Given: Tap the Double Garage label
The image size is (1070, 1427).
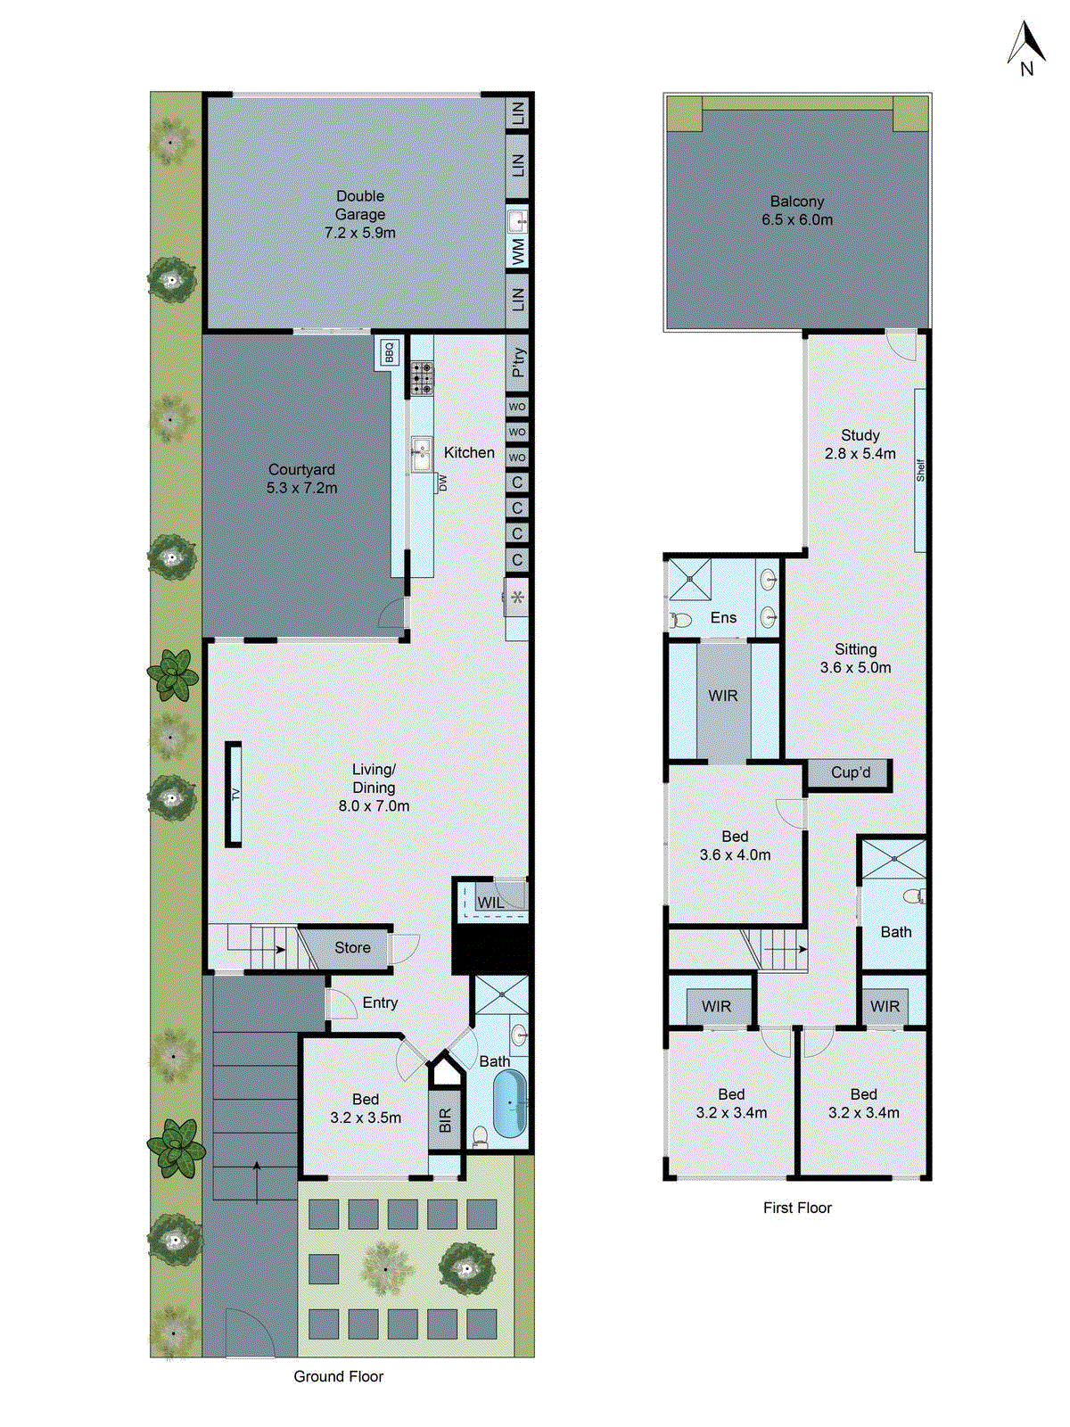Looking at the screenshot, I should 360,214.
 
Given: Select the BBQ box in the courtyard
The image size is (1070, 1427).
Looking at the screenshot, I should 389,353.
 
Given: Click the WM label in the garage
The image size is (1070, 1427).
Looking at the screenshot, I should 518,251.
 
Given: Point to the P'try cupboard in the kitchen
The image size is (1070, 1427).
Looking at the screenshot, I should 518,362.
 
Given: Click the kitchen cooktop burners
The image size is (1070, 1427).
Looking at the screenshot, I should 422,378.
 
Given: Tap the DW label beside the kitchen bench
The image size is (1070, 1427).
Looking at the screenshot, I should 442,483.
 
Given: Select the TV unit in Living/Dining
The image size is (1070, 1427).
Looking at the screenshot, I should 234,794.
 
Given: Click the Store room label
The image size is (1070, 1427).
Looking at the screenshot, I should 352,948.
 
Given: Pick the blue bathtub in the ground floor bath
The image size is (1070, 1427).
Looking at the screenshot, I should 510,1104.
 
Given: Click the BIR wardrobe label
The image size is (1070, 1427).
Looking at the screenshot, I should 445,1119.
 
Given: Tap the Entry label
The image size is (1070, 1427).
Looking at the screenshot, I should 380,1002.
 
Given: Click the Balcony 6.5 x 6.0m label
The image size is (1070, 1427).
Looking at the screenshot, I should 797,211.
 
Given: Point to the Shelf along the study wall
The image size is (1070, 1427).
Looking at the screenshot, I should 920,470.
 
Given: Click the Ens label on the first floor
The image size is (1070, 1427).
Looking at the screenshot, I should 723,617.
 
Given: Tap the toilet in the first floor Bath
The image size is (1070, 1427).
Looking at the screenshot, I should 914,895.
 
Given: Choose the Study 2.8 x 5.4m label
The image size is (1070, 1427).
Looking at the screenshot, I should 860,444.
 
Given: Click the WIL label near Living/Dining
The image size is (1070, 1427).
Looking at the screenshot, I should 490,903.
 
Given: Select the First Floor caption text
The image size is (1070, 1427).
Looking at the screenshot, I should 797,1208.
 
